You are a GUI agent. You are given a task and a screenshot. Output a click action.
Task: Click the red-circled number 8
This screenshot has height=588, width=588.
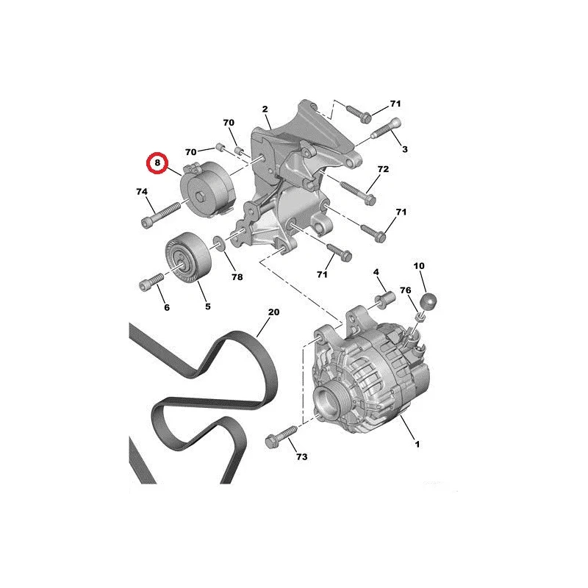click(157, 162)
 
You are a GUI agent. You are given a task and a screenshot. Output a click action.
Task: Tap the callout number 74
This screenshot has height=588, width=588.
click(142, 192)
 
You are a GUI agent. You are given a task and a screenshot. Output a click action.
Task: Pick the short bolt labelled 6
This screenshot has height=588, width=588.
click(151, 282)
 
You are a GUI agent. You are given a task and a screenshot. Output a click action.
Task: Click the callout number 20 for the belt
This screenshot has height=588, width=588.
click(273, 312)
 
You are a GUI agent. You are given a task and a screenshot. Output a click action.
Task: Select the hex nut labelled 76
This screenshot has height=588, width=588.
click(420, 318)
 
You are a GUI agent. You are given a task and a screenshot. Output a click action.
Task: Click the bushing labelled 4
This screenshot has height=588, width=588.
click(385, 300)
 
